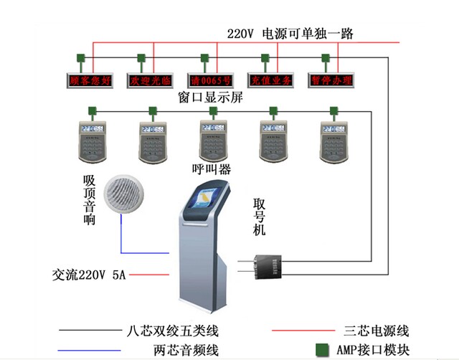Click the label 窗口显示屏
pyautogui.click(x=209, y=98)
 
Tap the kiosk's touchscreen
pyautogui.click(x=205, y=204)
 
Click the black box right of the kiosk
pyautogui.click(x=270, y=267)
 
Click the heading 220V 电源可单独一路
pyautogui.click(x=290, y=34)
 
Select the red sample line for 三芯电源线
pyautogui.click(x=305, y=331)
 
